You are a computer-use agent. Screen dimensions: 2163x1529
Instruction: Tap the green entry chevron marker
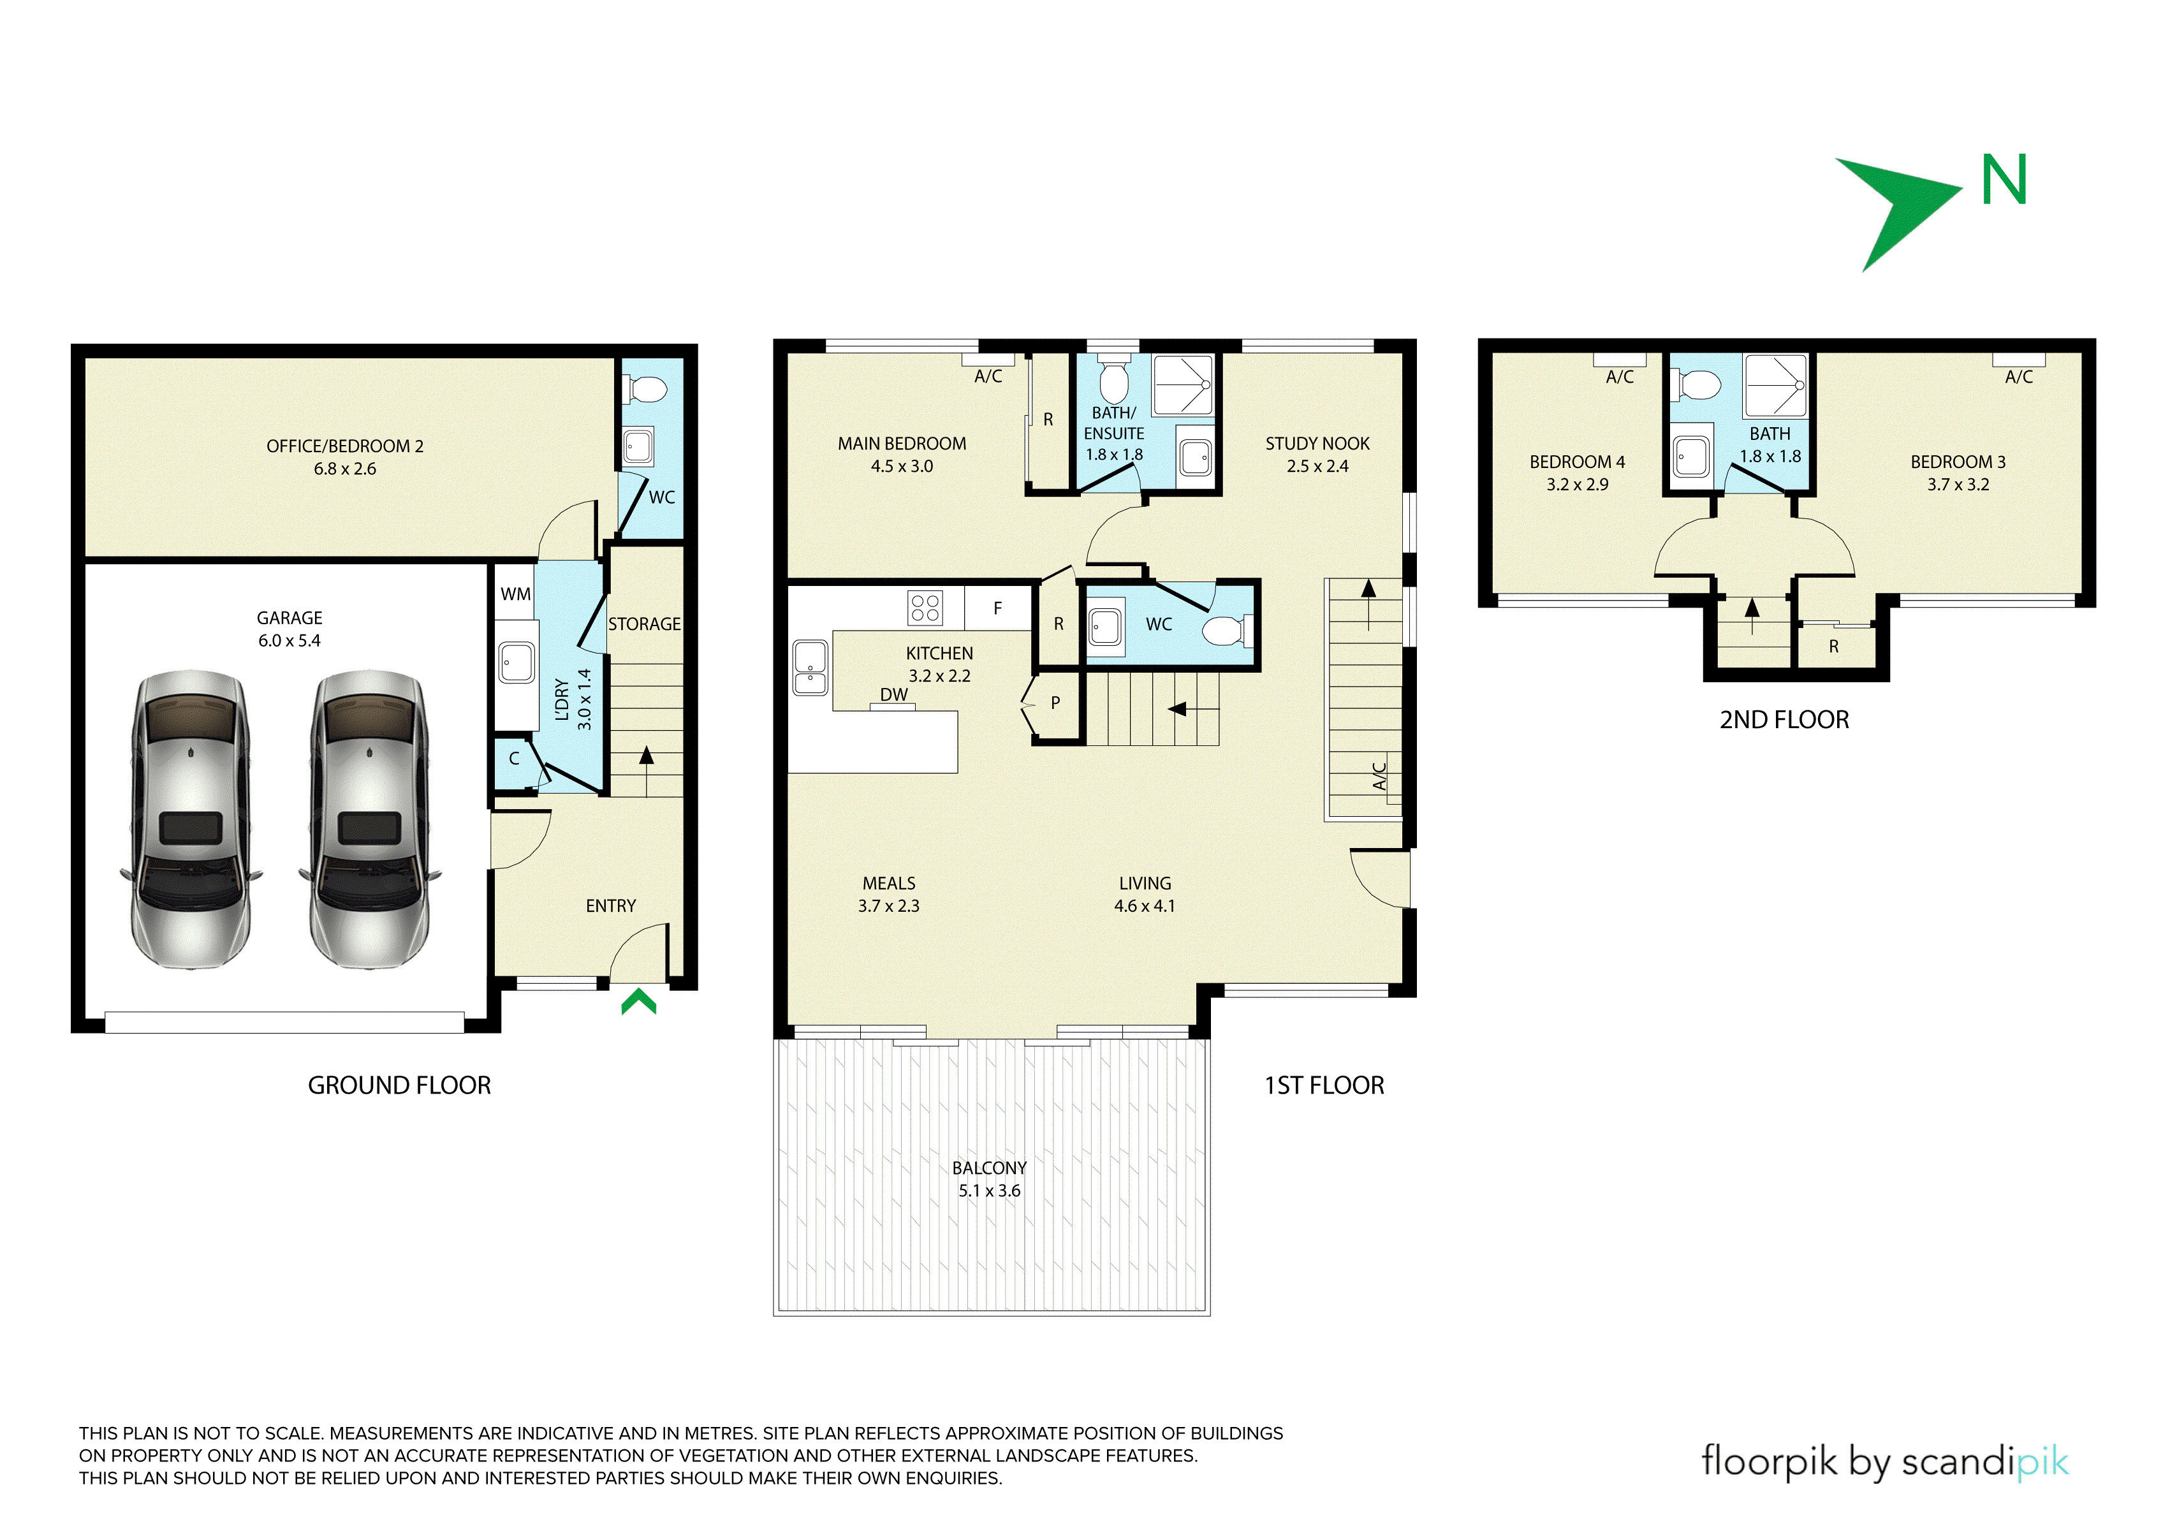coord(639,1000)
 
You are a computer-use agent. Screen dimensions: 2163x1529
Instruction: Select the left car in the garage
coord(191,819)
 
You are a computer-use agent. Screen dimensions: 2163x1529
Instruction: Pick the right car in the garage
coord(369,819)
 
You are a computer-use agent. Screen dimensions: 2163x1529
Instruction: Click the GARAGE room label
coord(290,618)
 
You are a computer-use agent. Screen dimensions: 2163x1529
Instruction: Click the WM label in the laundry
coord(515,594)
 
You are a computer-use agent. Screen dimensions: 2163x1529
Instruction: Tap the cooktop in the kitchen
coord(925,608)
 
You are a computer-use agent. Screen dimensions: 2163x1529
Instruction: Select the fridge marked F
coord(998,608)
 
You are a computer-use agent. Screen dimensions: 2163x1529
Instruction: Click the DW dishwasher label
coord(894,694)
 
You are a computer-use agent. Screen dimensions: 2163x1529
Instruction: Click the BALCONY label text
coord(989,1168)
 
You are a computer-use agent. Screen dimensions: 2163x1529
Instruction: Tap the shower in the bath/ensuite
coord(1184,384)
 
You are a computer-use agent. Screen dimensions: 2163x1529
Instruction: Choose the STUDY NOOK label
coord(1317,444)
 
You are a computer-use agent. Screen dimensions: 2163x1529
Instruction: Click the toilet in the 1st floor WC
coord(1227,630)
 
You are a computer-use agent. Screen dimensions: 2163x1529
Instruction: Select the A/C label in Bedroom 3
coord(2019,377)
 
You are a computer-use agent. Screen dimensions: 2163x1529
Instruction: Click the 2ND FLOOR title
coord(1784,720)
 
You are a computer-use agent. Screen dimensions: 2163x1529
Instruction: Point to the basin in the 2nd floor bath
coord(1692,457)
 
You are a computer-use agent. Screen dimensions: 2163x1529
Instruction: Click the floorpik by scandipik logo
coord(1885,1462)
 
